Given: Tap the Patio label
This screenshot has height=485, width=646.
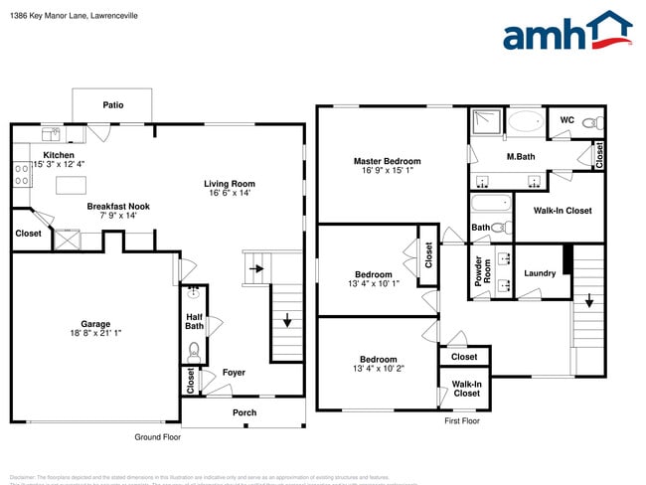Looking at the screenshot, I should pos(112,104).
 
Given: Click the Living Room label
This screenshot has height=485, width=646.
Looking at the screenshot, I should pos(230,183).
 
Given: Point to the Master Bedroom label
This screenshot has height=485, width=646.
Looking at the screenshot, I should pos(387,161).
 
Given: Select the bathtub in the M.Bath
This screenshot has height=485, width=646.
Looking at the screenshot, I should pos(525,122).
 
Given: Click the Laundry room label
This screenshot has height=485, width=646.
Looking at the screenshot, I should pos(539,273).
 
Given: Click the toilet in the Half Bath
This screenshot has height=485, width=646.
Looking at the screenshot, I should pos(195,352).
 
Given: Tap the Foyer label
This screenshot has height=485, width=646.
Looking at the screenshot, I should pos(234,373).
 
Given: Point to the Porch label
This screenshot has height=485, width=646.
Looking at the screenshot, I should pos(243,412).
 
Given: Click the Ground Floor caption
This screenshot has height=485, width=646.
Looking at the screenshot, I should pos(157,437).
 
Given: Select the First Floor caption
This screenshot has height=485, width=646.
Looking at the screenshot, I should pos(461,421).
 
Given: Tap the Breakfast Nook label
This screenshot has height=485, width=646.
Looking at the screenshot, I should pos(117,207).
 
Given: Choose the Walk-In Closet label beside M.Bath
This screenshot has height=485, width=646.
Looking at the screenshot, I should pos(562,211).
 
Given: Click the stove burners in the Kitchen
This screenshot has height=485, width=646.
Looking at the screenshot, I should pos(20,175).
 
